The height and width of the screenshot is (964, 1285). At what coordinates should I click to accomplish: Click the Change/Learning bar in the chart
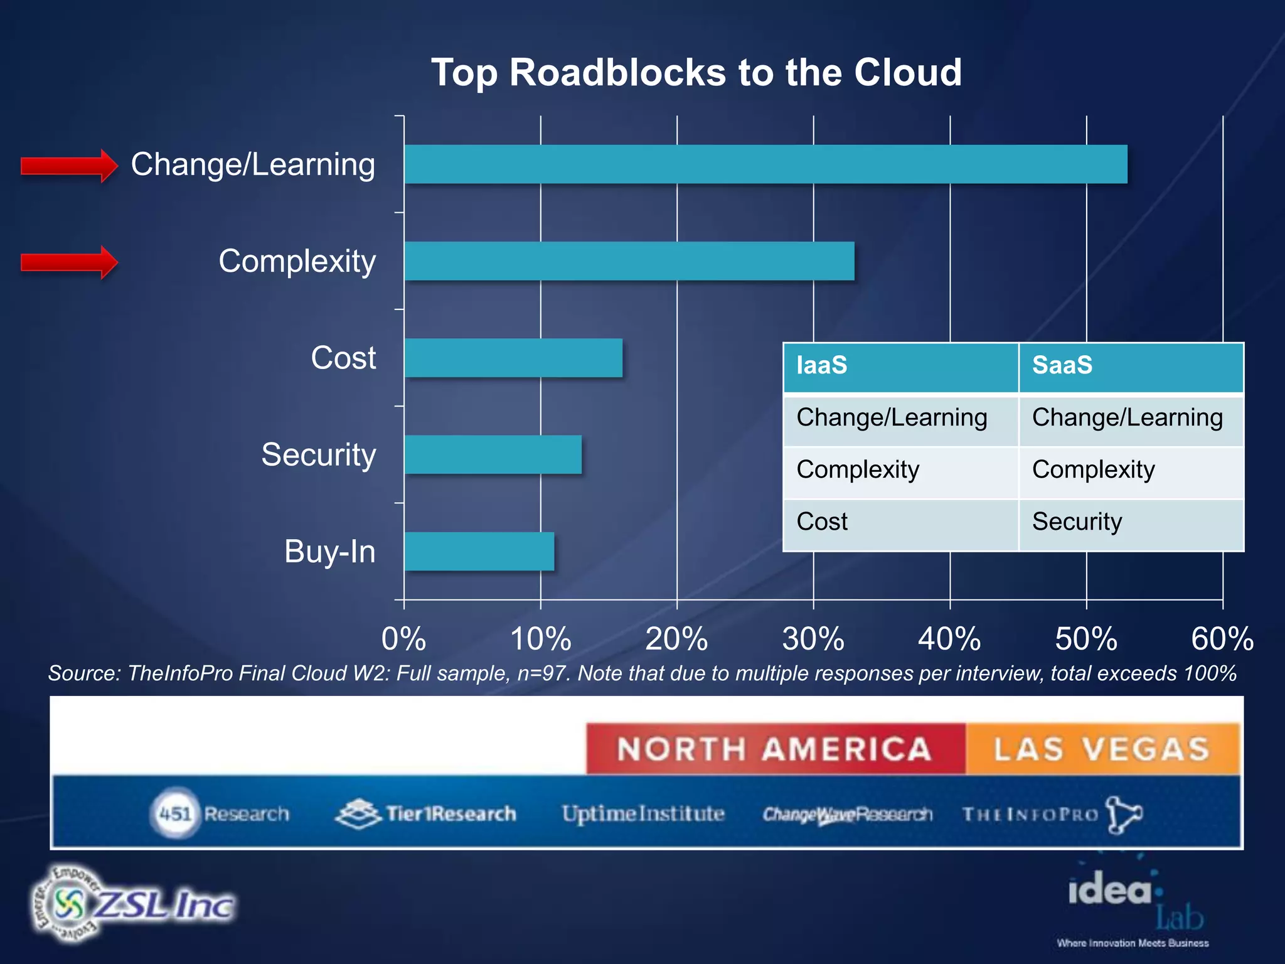(765, 164)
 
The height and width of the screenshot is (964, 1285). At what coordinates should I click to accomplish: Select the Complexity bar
(629, 261)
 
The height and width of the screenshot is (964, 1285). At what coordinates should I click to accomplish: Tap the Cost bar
(513, 358)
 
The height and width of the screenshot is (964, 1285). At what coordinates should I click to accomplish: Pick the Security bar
(493, 454)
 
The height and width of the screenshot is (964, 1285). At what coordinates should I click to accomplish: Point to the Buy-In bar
(479, 552)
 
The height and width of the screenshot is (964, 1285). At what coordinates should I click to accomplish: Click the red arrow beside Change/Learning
(69, 166)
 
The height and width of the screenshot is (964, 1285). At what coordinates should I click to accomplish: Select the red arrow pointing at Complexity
(69, 262)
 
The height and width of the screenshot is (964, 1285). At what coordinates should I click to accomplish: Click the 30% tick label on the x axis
(813, 639)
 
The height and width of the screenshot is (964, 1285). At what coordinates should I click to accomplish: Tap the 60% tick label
(1222, 639)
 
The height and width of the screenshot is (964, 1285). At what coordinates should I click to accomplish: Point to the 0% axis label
(404, 639)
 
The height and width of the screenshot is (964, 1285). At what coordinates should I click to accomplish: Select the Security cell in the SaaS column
(1131, 522)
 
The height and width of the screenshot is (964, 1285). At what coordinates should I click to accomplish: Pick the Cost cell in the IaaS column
(900, 522)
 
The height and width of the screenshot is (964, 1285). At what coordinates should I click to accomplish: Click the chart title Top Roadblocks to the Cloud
(696, 72)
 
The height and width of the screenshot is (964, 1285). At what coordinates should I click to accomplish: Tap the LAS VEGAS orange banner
(1102, 749)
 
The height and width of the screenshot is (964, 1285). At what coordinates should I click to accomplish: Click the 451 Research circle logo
(175, 814)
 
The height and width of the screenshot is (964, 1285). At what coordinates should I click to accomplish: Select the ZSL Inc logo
(134, 904)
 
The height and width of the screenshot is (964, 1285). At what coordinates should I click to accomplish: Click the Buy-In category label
(330, 552)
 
